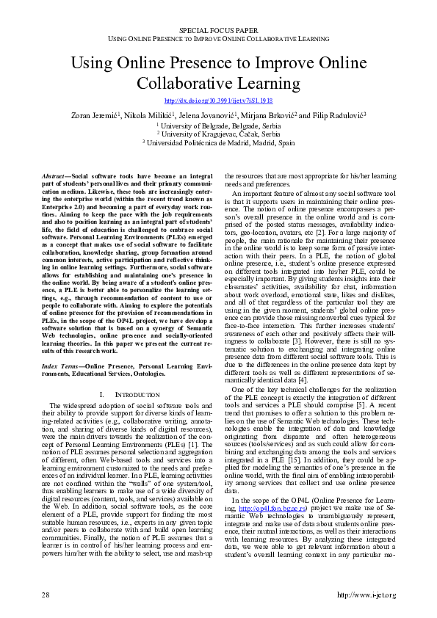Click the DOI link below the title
coord(218,100)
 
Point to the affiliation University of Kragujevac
coord(218,134)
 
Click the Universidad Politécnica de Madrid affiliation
coord(218,143)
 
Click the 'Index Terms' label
coord(60,366)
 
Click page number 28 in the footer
coord(46,595)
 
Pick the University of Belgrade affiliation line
coord(218,126)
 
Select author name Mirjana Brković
coord(275,115)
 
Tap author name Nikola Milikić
coord(151,115)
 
